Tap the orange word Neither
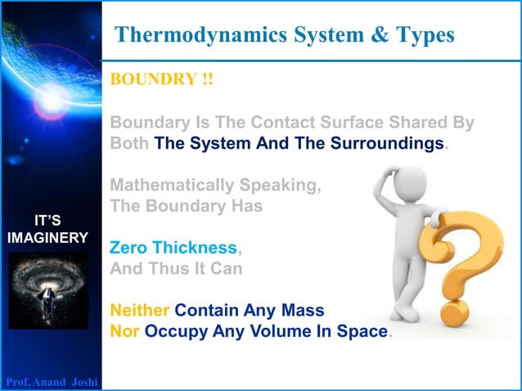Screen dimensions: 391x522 (x=140, y=311)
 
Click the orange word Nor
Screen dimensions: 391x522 (x=124, y=332)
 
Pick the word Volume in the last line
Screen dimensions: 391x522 (x=275, y=332)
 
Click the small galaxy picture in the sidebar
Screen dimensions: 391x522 (x=48, y=291)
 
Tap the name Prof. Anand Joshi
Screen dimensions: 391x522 (x=52, y=382)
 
